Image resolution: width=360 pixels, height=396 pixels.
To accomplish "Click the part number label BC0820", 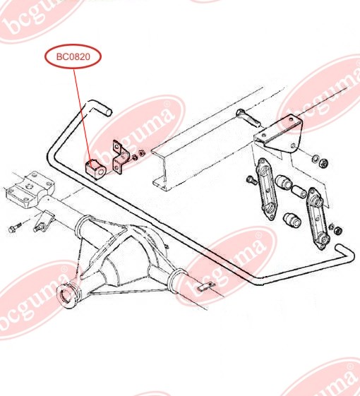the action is (x=73, y=57).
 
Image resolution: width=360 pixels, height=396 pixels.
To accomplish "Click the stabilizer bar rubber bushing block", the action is (x=95, y=168).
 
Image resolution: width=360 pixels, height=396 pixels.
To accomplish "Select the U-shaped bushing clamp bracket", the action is (x=120, y=158).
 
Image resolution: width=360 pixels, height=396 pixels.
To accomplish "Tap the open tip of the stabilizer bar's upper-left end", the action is (x=109, y=112).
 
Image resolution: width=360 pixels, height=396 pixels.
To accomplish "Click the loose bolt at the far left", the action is (x=15, y=227).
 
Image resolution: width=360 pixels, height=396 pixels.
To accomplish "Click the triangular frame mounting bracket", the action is (x=279, y=136).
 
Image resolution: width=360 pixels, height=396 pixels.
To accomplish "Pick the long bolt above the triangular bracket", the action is (x=248, y=118).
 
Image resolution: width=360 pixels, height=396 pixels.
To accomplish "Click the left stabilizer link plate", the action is (x=266, y=188).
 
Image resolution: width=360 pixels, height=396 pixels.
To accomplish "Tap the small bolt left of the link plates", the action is (x=251, y=180).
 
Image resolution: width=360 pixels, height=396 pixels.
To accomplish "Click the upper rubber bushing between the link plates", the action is (x=284, y=182).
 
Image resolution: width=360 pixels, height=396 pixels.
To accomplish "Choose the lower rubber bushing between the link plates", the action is (x=292, y=220).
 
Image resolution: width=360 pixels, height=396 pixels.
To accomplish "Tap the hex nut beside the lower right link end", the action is (x=338, y=230).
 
